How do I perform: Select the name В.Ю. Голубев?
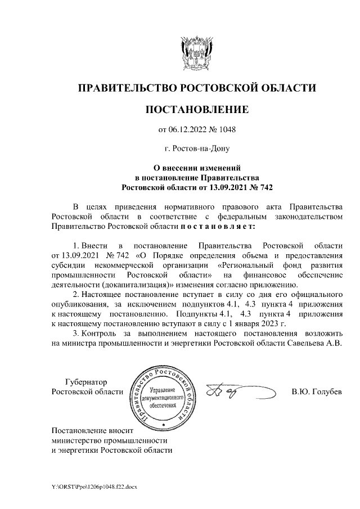[x=316, y=391]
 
